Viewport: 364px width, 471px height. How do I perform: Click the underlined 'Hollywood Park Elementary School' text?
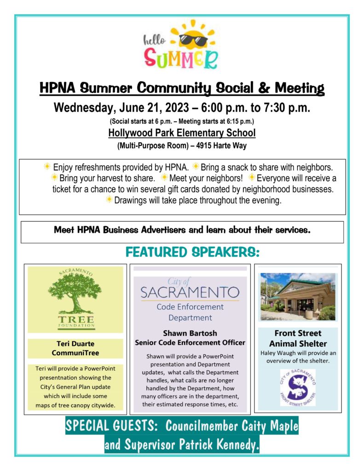(182, 133)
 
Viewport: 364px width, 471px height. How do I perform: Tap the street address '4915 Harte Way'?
(229, 146)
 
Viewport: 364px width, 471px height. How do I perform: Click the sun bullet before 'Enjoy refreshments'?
(47, 167)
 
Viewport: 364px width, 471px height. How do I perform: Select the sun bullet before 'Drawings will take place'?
(109, 200)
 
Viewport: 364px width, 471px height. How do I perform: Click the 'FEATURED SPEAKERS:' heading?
(193, 252)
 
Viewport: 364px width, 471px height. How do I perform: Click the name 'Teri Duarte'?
(75, 344)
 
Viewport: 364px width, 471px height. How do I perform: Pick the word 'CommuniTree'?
(75, 353)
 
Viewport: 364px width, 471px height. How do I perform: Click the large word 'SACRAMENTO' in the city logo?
(190, 293)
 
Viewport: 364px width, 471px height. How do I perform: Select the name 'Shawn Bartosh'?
(190, 333)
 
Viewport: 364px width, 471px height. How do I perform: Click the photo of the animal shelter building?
(298, 297)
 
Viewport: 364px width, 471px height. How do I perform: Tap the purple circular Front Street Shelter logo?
(297, 387)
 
